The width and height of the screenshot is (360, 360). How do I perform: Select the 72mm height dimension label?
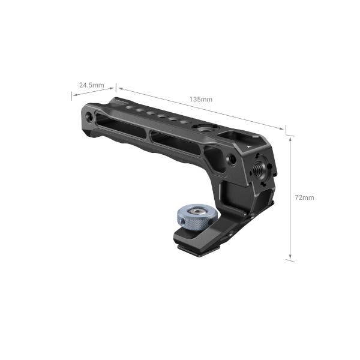305,197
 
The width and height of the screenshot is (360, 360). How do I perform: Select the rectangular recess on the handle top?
230,135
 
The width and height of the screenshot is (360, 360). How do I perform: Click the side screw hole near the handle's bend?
232,159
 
